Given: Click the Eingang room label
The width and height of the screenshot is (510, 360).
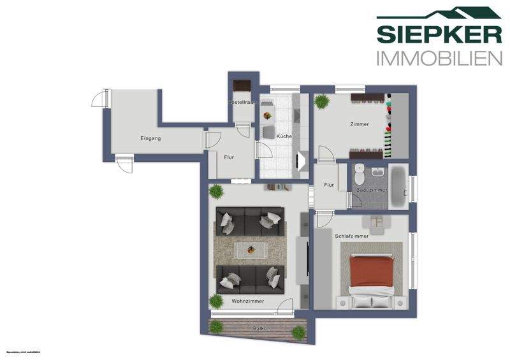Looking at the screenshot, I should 150,138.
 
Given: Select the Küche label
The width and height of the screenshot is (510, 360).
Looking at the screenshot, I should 284,136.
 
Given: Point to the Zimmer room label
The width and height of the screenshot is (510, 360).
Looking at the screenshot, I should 360,124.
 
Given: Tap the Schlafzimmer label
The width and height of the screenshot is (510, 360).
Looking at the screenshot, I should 351,236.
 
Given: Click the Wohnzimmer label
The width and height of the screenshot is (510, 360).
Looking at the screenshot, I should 247,301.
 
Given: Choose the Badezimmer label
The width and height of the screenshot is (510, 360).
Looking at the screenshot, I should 372,190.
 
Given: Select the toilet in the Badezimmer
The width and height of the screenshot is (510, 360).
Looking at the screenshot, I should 359,174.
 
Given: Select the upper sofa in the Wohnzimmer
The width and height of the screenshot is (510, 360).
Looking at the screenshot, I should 249,220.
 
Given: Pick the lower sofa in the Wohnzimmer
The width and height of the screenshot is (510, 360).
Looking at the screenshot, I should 249,278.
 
